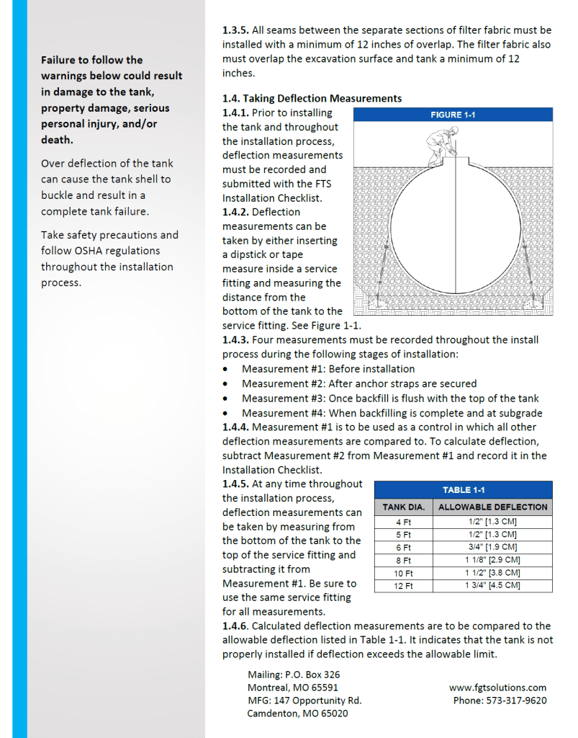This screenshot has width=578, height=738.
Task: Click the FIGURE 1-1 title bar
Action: point(453,115)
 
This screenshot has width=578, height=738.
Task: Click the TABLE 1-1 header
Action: point(463,489)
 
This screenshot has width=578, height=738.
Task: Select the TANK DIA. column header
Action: point(403,507)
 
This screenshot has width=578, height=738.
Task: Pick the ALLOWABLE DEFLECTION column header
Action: point(492,507)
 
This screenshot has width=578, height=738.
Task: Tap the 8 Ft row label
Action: point(403,560)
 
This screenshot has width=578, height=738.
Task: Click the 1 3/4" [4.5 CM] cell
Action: point(492,586)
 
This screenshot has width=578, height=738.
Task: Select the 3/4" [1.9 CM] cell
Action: point(492,547)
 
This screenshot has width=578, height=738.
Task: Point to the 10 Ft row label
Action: point(403,573)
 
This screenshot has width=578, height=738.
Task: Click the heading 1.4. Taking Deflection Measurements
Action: point(312,98)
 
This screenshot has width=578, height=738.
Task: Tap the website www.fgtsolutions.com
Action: point(497,688)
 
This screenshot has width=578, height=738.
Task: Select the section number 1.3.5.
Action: point(235,30)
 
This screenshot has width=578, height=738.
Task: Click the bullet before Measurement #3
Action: point(227,399)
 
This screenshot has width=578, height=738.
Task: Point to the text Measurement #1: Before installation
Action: point(328,369)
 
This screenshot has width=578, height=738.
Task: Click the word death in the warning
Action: point(56,140)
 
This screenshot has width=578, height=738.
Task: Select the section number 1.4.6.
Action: point(235,626)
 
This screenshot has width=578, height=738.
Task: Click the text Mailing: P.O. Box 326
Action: point(294,675)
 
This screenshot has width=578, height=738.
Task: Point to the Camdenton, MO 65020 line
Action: point(298,713)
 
